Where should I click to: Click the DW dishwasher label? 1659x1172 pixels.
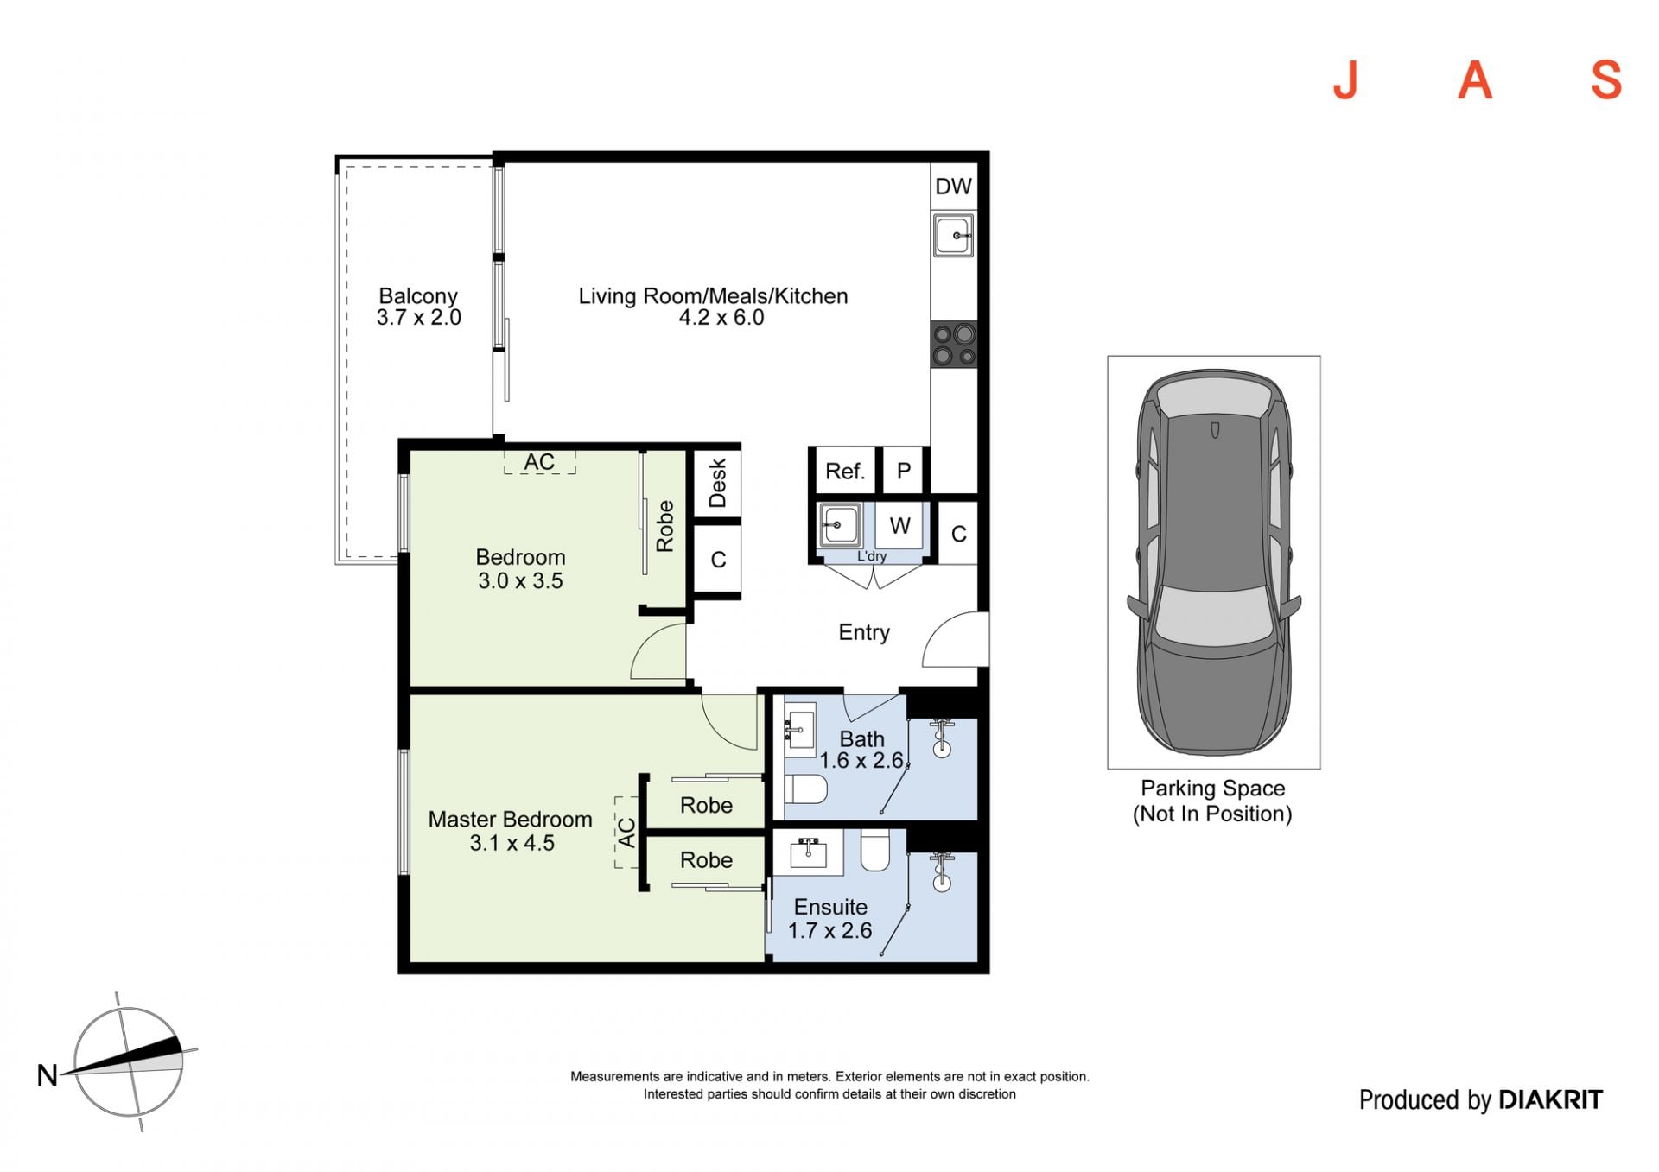pyautogui.click(x=953, y=187)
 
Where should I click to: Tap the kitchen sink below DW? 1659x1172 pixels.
pyautogui.click(x=953, y=236)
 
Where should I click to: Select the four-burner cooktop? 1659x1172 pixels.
pyautogui.click(x=954, y=345)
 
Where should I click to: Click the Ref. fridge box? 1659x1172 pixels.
pyautogui.click(x=844, y=472)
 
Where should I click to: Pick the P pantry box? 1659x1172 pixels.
pyautogui.click(x=904, y=471)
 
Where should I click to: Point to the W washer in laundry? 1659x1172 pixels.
pyautogui.click(x=899, y=525)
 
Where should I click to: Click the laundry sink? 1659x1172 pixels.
pyautogui.click(x=838, y=525)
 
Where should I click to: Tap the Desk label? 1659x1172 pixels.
pyautogui.click(x=717, y=483)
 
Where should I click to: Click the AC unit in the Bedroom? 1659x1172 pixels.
pyautogui.click(x=540, y=462)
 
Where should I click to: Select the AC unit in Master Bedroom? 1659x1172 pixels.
pyautogui.click(x=626, y=833)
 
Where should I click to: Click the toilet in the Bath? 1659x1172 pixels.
pyautogui.click(x=806, y=789)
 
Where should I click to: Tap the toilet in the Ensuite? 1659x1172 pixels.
pyautogui.click(x=874, y=851)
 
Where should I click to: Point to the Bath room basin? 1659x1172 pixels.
pyautogui.click(x=800, y=730)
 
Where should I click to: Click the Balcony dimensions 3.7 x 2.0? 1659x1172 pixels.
pyautogui.click(x=418, y=318)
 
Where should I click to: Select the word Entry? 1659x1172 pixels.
pyautogui.click(x=864, y=632)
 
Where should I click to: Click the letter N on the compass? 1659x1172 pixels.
pyautogui.click(x=47, y=1075)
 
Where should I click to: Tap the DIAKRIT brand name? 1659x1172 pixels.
pyautogui.click(x=1550, y=1099)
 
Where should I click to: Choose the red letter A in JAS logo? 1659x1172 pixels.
pyautogui.click(x=1476, y=80)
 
